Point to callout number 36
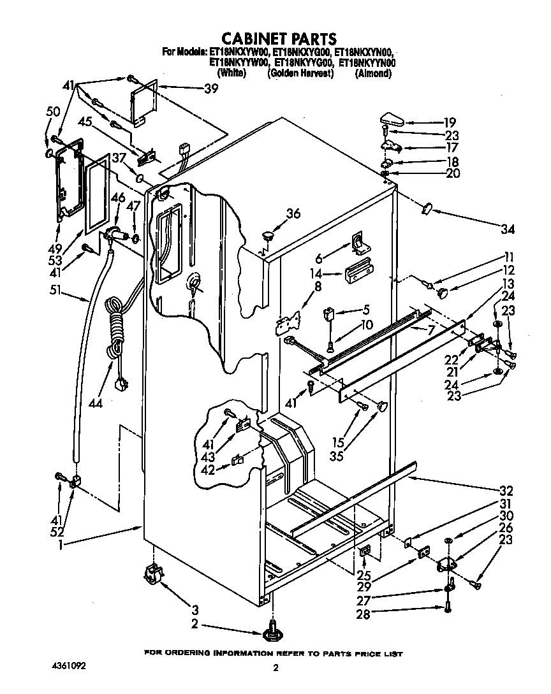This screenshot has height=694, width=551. pyautogui.click(x=293, y=215)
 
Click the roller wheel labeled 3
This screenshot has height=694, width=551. pyautogui.click(x=153, y=574)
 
